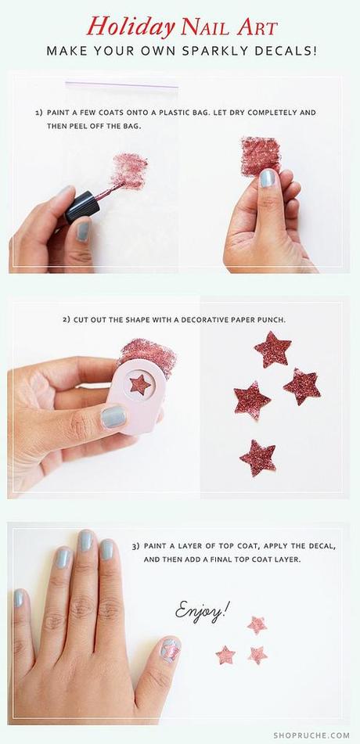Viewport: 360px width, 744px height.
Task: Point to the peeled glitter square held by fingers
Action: coord(261,156)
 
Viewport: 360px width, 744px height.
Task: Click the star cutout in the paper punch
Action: coord(140,384)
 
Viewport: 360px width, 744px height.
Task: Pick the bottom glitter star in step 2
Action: coord(258,458)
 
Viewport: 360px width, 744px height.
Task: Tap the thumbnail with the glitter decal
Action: coord(170,649)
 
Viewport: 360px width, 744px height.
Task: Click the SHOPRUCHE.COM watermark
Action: coord(311,735)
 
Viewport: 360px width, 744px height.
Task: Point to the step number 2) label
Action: coord(67,320)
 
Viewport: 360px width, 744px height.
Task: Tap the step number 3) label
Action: coord(135,546)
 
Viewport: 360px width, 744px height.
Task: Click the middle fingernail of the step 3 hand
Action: coord(85,541)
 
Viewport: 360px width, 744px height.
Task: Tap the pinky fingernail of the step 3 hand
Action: coord(18,598)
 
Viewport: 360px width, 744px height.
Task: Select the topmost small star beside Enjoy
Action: coord(257,625)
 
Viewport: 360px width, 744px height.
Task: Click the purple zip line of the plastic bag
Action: coord(121,84)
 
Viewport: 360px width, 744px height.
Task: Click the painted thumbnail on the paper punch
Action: coord(114,417)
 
